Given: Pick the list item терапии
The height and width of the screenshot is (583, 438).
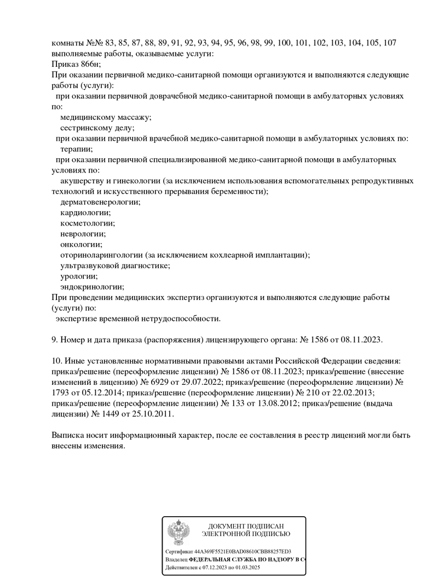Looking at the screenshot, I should click(76, 148).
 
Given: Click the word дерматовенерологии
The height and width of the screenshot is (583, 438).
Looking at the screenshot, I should click(100, 201).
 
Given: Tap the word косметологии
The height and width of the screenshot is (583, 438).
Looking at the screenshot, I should click(88, 223).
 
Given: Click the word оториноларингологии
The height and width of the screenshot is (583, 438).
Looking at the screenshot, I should click(101, 255).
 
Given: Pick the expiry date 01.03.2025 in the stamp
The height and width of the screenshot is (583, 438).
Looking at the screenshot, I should click(247, 568).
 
